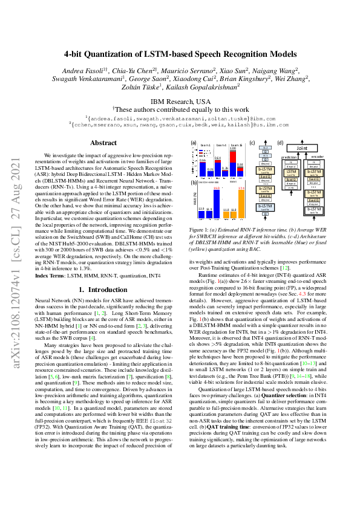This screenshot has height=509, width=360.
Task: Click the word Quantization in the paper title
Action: pyautogui.click(x=123, y=53)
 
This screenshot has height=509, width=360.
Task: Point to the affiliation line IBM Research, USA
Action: pyautogui.click(x=180, y=102)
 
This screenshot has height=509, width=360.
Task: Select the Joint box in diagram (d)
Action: pyautogui.click(x=302, y=147)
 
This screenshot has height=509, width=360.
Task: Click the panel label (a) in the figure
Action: pyautogui.click(x=194, y=143)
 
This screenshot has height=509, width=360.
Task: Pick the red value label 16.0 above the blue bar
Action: pyautogui.click(x=216, y=188)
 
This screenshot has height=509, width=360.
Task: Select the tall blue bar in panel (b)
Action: pyautogui.click(x=216, y=203)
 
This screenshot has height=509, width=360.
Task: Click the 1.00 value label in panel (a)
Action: pyautogui.click(x=232, y=149)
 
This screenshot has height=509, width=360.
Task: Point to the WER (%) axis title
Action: pyautogui.click(x=194, y=199)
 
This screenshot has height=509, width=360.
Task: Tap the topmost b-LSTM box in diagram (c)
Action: pyautogui.click(x=266, y=170)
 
